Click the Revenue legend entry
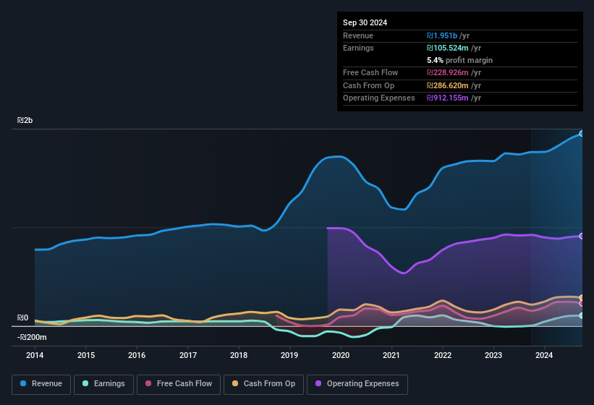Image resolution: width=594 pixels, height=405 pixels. pos(41,383)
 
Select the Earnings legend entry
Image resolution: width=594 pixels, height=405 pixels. pos(103,383)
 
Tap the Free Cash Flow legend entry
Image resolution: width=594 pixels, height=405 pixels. pos(179,383)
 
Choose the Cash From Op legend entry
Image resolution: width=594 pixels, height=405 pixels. pos(264,383)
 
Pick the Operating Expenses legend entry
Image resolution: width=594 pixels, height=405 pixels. pos(357,383)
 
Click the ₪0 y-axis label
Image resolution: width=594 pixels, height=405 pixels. pos(23,318)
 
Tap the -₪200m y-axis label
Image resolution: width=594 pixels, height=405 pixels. pos(32,337)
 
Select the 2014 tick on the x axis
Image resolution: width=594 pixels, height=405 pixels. pos(35,355)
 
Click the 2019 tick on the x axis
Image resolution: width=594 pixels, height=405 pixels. pos(289,355)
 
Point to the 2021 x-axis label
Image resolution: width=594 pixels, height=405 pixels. pos(391,355)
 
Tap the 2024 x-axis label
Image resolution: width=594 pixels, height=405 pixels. pos(544,355)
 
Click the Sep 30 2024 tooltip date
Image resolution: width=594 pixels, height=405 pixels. pos(365,22)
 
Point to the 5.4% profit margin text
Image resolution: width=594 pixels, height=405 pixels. pos(459,60)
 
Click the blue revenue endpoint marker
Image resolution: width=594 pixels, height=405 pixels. pos(582,133)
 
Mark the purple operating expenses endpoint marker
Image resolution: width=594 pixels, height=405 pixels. pos(582,236)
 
